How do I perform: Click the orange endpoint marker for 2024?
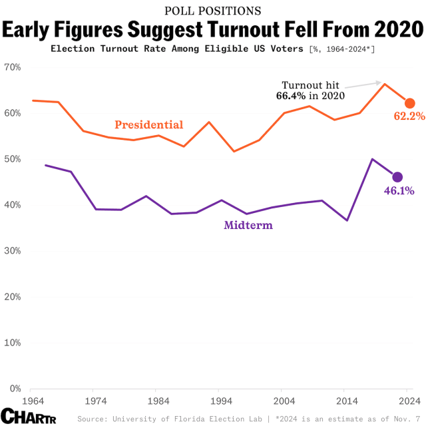(x=410, y=103)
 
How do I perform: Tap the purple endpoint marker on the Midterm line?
(x=397, y=177)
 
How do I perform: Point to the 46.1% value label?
(x=399, y=191)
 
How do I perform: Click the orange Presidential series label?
(x=148, y=124)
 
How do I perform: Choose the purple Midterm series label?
(x=248, y=225)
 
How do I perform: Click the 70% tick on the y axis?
(x=13, y=67)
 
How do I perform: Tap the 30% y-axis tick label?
(x=13, y=251)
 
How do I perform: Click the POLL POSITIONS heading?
(x=212, y=11)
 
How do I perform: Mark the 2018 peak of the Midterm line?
(x=372, y=159)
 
